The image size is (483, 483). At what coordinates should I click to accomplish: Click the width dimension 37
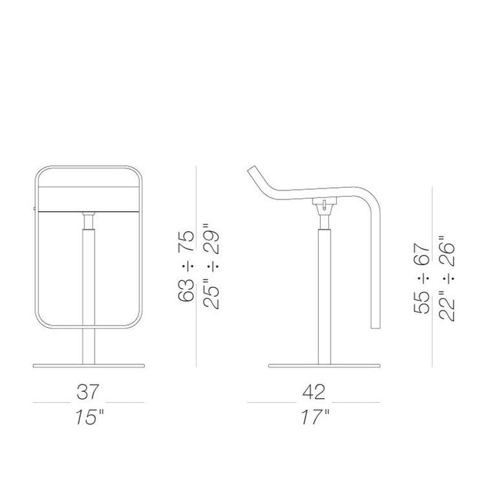[88, 391]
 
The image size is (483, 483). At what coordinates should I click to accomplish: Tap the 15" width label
[90, 417]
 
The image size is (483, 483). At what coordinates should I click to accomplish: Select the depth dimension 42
[314, 392]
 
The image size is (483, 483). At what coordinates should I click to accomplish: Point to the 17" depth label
[315, 417]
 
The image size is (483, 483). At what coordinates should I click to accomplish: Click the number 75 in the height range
[187, 241]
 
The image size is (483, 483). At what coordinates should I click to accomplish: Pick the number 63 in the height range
[187, 290]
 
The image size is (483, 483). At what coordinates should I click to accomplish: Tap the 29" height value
[211, 239]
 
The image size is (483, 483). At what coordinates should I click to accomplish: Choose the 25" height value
[211, 293]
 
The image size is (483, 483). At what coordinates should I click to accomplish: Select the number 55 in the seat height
[422, 302]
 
